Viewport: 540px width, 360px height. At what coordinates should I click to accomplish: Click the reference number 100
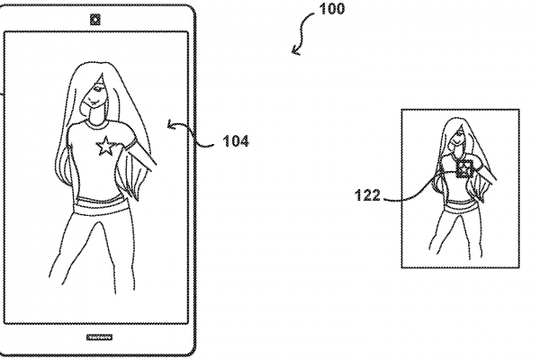331,9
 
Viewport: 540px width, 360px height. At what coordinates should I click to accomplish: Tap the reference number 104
236,141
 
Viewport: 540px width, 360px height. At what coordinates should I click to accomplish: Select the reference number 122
367,195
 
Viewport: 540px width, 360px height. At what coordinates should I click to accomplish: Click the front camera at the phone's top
95,20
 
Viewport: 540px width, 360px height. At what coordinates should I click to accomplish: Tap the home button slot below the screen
99,337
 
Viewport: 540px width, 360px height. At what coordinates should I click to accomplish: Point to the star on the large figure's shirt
105,146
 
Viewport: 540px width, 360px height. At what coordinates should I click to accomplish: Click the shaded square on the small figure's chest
464,169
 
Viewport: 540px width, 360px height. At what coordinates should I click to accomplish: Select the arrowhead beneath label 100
295,51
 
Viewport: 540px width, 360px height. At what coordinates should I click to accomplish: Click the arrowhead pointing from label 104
171,124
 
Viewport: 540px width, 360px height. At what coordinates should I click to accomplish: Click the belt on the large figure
99,205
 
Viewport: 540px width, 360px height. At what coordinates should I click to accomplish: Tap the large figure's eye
99,89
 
